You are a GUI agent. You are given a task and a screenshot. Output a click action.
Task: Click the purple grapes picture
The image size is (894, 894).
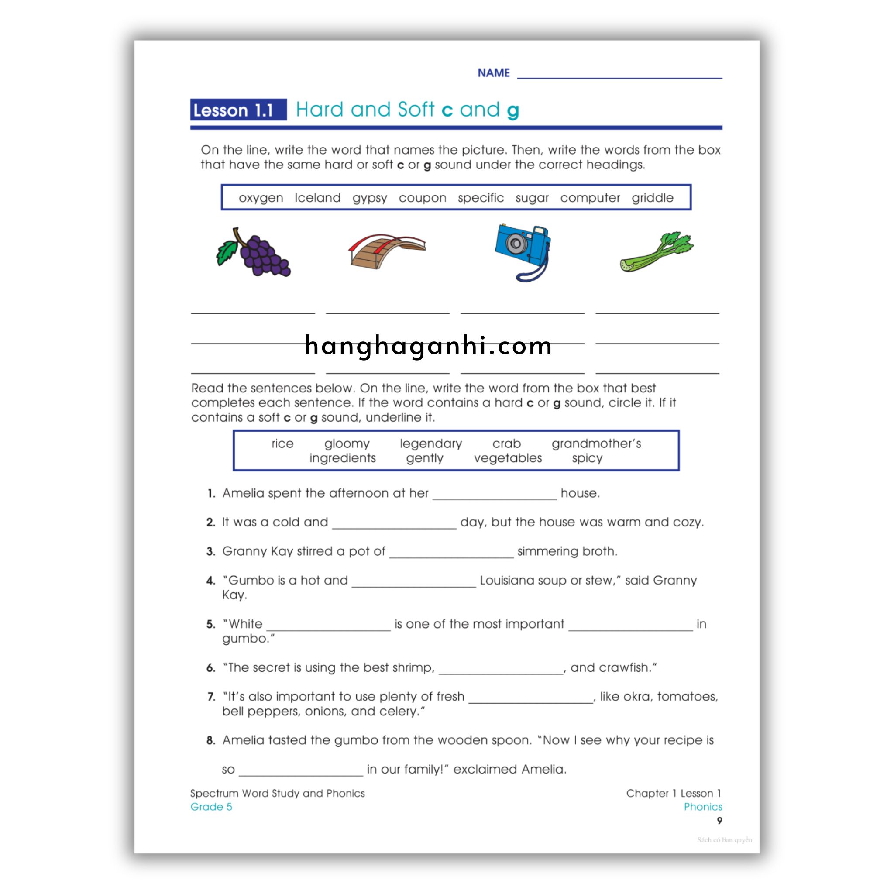pyautogui.click(x=254, y=253)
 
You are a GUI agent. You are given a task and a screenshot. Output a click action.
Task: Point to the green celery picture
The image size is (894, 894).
pyautogui.click(x=657, y=252)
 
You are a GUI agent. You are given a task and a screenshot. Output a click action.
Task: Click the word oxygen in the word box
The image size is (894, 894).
pyautogui.click(x=261, y=198)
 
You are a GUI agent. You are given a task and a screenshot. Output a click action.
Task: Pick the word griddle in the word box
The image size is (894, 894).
pyautogui.click(x=653, y=198)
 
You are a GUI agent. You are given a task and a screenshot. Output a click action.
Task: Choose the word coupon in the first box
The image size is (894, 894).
pyautogui.click(x=423, y=198)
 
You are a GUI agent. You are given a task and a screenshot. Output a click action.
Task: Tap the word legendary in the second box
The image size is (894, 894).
pyautogui.click(x=431, y=444)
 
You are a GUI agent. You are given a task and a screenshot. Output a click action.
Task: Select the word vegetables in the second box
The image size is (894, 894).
pyautogui.click(x=508, y=458)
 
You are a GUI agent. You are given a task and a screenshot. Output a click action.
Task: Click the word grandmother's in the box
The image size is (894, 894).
pyautogui.click(x=596, y=444)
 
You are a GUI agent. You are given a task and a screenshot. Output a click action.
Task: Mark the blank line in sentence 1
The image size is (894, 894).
pyautogui.click(x=495, y=496)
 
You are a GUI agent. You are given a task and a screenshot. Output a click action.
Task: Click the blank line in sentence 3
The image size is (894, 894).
pyautogui.click(x=451, y=554)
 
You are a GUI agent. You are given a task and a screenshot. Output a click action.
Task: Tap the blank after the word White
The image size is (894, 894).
pyautogui.click(x=329, y=627)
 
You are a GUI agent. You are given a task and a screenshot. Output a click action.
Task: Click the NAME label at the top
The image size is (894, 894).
pyautogui.click(x=493, y=73)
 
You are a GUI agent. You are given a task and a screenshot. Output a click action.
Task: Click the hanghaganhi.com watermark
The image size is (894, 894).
pyautogui.click(x=428, y=346)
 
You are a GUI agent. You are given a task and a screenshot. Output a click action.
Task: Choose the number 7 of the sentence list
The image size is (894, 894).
pyautogui.click(x=211, y=697)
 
